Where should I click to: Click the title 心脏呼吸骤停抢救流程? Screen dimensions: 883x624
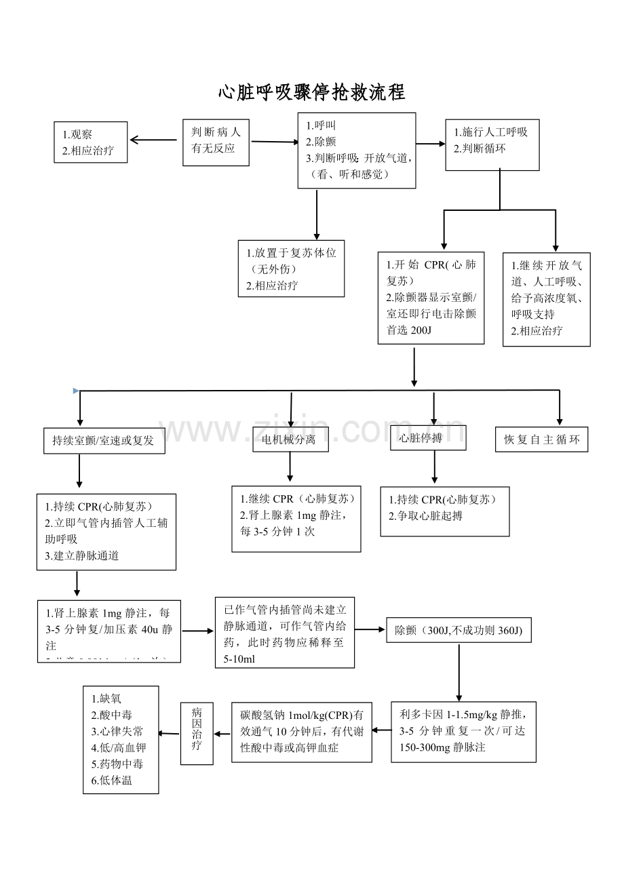(311, 92)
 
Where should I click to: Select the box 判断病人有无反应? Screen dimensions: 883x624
(216, 142)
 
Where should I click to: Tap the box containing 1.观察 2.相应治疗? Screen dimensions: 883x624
(91, 142)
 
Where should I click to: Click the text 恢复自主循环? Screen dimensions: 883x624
(541, 439)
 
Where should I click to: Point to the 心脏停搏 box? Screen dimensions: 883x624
(428, 438)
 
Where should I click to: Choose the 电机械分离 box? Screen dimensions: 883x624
(290, 439)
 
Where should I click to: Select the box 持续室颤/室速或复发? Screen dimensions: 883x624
(104, 440)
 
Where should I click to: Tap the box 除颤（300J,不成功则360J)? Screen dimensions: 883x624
(459, 631)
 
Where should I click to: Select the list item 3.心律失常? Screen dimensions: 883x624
(117, 731)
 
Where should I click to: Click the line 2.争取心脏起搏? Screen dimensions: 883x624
(426, 515)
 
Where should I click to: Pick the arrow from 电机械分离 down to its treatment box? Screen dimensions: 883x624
(290, 467)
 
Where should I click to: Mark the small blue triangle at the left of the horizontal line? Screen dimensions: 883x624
(76, 391)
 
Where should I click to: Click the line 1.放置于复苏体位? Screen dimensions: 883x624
(291, 253)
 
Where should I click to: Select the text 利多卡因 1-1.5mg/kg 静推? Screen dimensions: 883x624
(462, 714)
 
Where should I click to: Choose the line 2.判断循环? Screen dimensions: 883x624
(480, 147)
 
